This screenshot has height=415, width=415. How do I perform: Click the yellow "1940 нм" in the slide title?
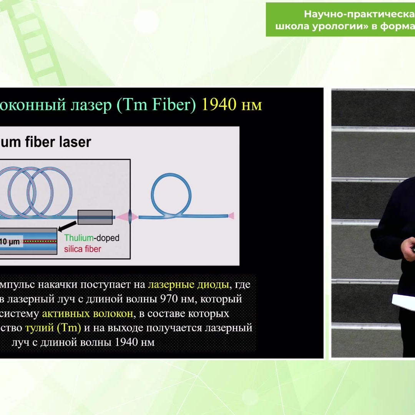tap(232, 105)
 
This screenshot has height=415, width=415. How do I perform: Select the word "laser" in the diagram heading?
tap(76, 142)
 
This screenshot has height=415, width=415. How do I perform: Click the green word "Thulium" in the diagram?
tap(80, 238)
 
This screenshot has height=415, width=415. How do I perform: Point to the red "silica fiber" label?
tap(83, 249)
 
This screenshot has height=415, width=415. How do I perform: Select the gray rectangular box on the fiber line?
tap(95, 217)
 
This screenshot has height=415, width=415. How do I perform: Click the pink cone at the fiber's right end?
tap(231, 216)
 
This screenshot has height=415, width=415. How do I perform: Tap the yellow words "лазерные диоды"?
tap(188, 285)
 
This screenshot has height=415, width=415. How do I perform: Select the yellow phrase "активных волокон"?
tap(88, 314)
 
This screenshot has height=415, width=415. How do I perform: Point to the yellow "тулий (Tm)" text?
tap(53, 328)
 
